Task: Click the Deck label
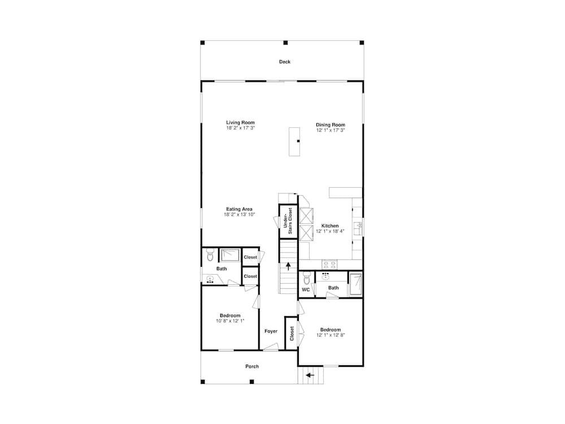(285, 62)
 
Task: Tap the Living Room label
(241, 123)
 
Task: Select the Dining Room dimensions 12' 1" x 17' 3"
(331, 130)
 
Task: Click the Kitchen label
(331, 226)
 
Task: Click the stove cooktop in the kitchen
(329, 264)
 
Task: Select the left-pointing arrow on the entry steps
(310, 374)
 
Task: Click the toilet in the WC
(306, 279)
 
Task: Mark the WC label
(306, 289)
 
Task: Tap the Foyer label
(271, 331)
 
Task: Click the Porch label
(252, 366)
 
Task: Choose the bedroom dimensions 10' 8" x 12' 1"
(230, 321)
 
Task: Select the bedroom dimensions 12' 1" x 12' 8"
(331, 335)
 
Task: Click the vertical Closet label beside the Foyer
(292, 334)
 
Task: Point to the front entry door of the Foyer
(271, 350)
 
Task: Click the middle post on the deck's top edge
(285, 42)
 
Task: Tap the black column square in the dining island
(298, 141)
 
